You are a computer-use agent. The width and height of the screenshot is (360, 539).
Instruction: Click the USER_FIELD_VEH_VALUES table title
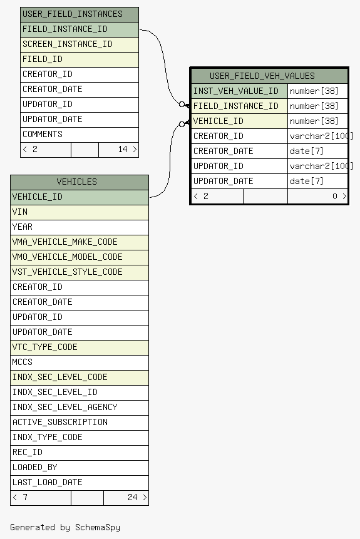pyautogui.click(x=262, y=76)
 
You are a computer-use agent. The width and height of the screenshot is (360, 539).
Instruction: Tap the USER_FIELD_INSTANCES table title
pyautogui.click(x=72, y=14)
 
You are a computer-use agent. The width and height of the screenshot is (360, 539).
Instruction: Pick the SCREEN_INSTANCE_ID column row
pyautogui.click(x=80, y=44)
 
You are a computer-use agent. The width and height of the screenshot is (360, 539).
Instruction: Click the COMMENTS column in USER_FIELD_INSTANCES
pyautogui.click(x=80, y=135)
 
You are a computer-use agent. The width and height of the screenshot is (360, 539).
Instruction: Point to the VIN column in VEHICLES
pyautogui.click(x=80, y=212)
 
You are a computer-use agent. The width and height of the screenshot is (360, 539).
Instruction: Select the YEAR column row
pyautogui.click(x=80, y=227)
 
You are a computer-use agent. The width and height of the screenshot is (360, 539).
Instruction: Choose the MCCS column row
pyautogui.click(x=80, y=362)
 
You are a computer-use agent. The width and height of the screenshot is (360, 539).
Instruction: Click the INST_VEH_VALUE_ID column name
pyautogui.click(x=236, y=91)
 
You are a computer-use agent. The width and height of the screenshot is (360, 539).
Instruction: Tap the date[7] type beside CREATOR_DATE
pyautogui.click(x=306, y=151)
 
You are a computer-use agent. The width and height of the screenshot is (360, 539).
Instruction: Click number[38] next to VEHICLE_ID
pyautogui.click(x=314, y=121)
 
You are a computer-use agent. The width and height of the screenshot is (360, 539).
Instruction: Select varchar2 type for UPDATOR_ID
pyautogui.click(x=321, y=167)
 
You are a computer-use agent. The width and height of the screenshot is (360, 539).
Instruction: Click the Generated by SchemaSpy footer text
pyautogui.click(x=65, y=527)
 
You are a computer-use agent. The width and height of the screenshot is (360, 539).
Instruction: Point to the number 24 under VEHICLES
pyautogui.click(x=132, y=498)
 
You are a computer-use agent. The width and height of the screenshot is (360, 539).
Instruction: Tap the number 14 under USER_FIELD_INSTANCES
pyautogui.click(x=123, y=149)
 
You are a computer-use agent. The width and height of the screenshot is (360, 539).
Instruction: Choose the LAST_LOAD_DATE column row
pyautogui.click(x=80, y=483)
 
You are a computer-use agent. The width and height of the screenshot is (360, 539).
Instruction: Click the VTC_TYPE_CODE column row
pyautogui.click(x=80, y=347)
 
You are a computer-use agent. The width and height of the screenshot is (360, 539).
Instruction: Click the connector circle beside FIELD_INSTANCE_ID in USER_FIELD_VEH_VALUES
pyautogui.click(x=182, y=104)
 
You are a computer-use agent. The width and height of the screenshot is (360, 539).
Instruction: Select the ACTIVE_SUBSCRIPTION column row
pyautogui.click(x=80, y=423)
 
